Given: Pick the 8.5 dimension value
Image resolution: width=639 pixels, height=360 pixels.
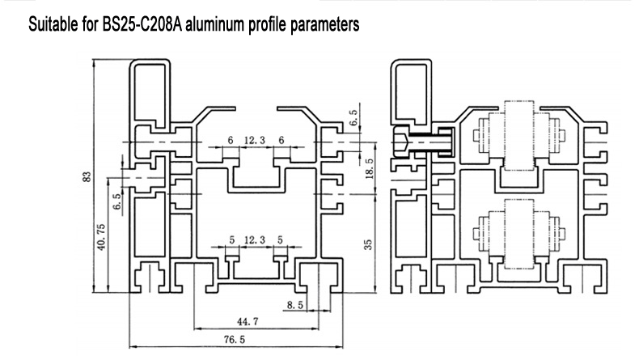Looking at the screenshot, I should coord(296,304).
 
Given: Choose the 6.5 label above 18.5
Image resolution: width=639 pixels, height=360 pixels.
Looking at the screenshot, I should coord(353,118).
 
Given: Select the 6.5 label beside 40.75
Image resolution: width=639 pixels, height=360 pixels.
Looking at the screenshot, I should coord(117,201).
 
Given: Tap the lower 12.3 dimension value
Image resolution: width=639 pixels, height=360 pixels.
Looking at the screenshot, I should coord(255,239).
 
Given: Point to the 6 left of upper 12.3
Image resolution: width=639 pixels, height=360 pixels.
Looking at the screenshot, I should coord(230,141).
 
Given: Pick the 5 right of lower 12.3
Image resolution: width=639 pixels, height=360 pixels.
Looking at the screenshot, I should coord(280,239).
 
